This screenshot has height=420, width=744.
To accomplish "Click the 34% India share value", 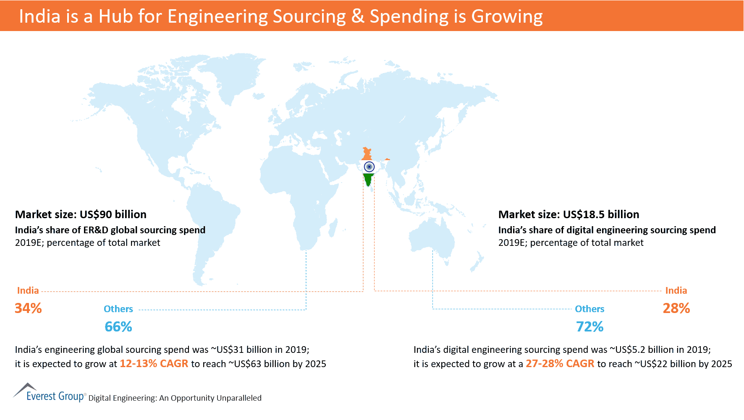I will (28, 308).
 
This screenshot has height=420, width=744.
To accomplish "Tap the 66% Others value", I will (118, 327).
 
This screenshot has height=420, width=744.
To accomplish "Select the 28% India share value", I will (676, 308).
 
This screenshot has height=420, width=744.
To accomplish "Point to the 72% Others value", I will (589, 327).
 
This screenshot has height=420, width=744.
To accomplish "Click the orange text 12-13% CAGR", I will (154, 364).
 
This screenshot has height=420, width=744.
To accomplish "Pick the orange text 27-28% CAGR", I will (560, 364).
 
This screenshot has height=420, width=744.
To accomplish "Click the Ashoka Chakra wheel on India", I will (369, 167).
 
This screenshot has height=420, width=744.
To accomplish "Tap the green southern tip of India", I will (369, 180).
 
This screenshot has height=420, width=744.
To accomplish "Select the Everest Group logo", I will (49, 393).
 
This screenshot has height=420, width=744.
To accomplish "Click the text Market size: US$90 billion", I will (81, 214).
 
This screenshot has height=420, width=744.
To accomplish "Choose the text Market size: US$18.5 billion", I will (568, 214).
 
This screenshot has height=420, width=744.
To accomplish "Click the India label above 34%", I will (28, 290).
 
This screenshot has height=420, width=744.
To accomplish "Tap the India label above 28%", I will (676, 290).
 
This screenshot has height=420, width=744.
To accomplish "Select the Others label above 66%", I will (118, 309).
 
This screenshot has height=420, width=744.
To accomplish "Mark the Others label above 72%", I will (589, 309).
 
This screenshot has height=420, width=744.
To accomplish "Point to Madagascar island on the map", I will (332, 228).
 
